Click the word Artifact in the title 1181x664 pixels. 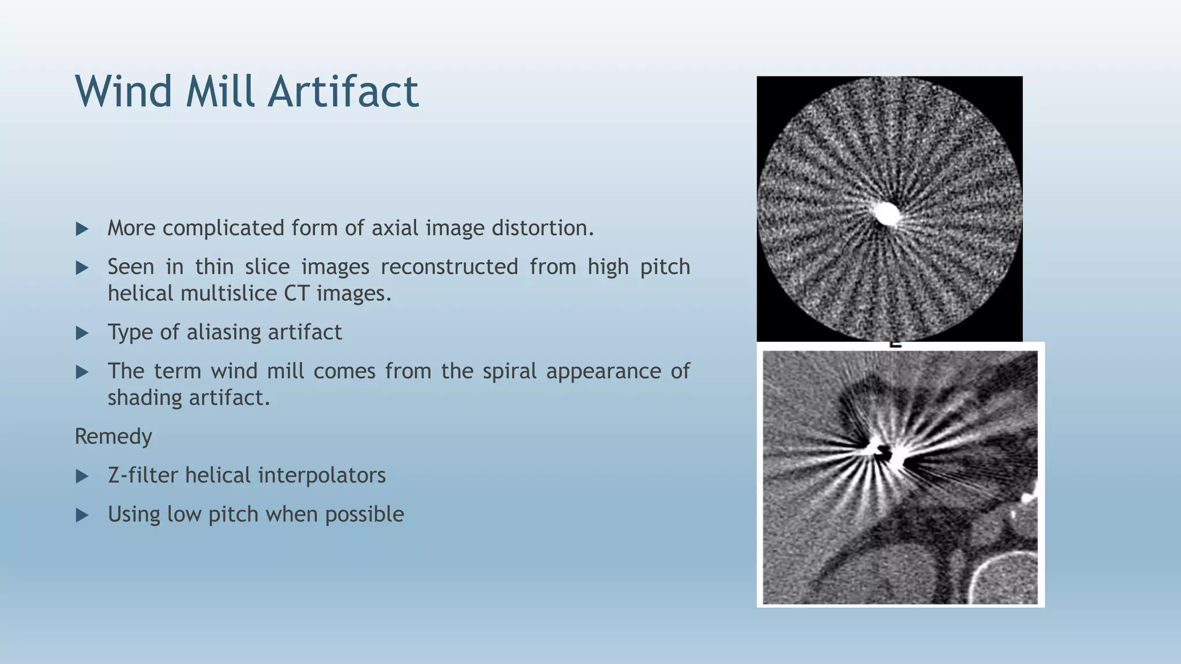[x=343, y=91]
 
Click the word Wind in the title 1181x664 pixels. [x=123, y=91]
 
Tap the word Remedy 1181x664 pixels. [x=113, y=436]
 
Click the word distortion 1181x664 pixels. [x=542, y=228]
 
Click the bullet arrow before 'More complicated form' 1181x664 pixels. [x=82, y=229]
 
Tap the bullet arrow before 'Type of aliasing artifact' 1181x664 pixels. [x=82, y=333]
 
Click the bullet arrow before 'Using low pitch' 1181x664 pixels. [x=82, y=515]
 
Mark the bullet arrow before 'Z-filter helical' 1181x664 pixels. [x=82, y=476]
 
